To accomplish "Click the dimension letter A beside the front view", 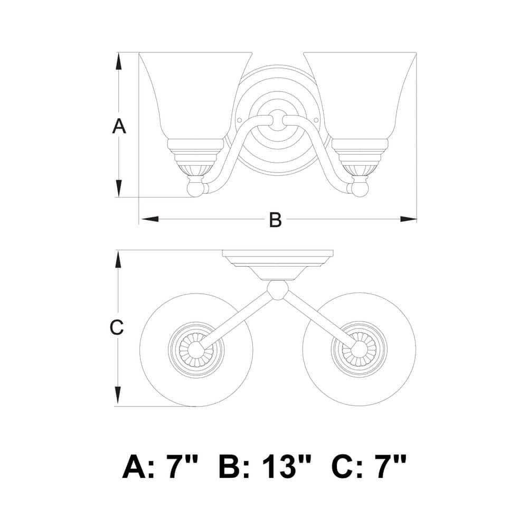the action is [119, 126].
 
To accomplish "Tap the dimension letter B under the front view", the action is [275, 220].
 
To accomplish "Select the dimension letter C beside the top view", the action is [117, 327].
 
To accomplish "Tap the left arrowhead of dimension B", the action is [149, 219].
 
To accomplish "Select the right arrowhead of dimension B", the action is [408, 219].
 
